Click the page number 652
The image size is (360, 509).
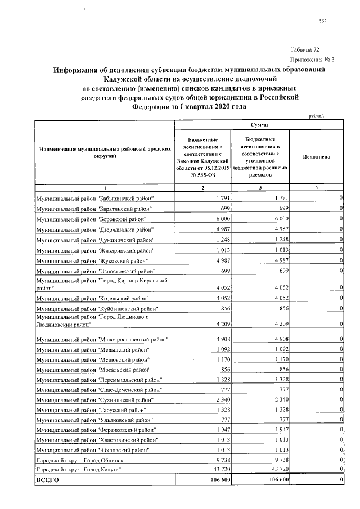click(x=323, y=22)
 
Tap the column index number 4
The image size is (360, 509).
click(x=316, y=187)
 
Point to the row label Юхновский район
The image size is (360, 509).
click(x=92, y=450)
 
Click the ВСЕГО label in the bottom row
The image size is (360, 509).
click(x=47, y=480)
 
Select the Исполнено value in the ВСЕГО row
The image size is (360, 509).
click(x=341, y=480)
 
